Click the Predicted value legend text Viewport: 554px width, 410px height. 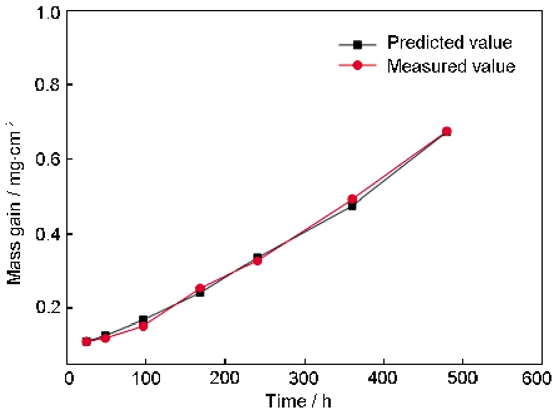(x=450, y=43)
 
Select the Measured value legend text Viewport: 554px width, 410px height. (x=451, y=66)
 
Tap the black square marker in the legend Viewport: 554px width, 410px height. (x=358, y=44)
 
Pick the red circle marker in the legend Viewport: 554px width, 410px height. (x=358, y=65)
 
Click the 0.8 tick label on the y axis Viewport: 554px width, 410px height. (x=49, y=85)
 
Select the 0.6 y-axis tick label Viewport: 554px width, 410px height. (x=49, y=159)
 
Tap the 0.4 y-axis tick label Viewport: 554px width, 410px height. (x=49, y=233)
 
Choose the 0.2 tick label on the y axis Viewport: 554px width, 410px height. (x=49, y=308)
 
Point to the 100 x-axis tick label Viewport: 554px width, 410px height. (x=145, y=379)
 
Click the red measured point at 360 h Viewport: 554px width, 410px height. (x=352, y=199)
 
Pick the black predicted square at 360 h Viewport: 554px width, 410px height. (x=352, y=205)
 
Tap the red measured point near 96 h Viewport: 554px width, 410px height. (x=143, y=325)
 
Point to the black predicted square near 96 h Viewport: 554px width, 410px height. (x=143, y=319)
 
